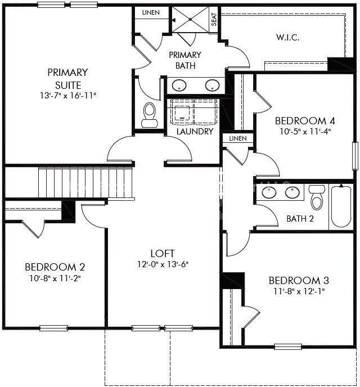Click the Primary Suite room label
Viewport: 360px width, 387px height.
(x=67, y=79)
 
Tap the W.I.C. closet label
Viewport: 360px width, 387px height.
(x=287, y=38)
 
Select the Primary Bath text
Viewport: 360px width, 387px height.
(x=185, y=60)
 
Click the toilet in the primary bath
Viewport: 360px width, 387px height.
(x=150, y=115)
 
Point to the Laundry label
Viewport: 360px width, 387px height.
(x=195, y=132)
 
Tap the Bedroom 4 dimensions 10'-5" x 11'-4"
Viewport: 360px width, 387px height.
(x=305, y=133)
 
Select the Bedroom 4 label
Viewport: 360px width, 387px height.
(x=305, y=121)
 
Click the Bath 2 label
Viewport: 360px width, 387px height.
(x=300, y=218)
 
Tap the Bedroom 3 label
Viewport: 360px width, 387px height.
(x=299, y=280)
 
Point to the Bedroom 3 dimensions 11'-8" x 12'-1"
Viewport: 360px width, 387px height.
(x=299, y=291)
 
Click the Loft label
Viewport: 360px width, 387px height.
(x=163, y=253)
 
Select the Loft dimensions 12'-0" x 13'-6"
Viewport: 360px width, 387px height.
(x=163, y=264)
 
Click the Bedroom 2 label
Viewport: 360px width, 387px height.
(x=55, y=267)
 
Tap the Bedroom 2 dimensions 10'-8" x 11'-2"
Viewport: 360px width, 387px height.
(x=55, y=278)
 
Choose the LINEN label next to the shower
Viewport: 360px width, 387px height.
(x=150, y=12)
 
